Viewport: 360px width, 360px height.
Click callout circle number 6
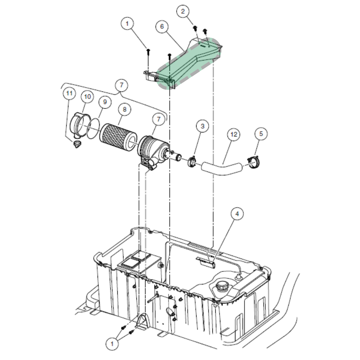pos(162,26)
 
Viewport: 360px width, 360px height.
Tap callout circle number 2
pos(183,11)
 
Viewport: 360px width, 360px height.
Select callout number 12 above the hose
pos(234,134)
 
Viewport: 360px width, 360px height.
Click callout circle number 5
pos(261,134)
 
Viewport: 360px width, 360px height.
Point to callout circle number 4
pos(237,214)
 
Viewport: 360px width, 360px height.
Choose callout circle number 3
pos(202,126)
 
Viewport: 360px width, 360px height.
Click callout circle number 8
pos(125,109)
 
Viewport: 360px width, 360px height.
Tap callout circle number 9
pos(105,102)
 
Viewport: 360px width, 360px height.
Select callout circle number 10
pos(87,96)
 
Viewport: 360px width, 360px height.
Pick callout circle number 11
pos(69,93)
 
